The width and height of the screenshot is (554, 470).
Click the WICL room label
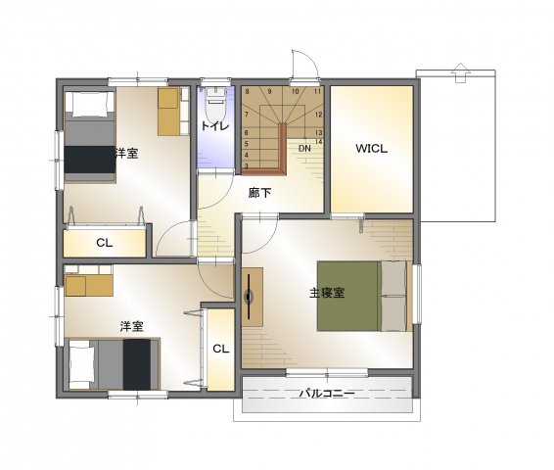371,149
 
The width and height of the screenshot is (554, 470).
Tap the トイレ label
215,125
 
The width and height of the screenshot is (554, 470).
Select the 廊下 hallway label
259,193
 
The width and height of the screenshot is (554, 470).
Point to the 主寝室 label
327,293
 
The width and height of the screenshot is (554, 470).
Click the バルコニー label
327,394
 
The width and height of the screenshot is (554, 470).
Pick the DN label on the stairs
304,149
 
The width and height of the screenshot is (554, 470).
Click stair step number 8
247,91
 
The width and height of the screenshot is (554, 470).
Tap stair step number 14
318,142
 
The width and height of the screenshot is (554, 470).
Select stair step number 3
247,166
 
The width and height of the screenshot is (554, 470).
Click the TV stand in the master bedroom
253,297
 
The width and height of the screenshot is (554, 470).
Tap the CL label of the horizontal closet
105,243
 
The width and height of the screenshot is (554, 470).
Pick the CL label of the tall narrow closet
221,350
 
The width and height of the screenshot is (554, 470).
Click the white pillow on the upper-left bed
90,104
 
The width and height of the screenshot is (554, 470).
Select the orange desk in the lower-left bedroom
89,286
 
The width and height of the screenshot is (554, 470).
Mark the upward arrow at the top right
460,72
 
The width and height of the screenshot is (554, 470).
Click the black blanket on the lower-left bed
137,364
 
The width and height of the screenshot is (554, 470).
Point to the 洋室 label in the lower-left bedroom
131,326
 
